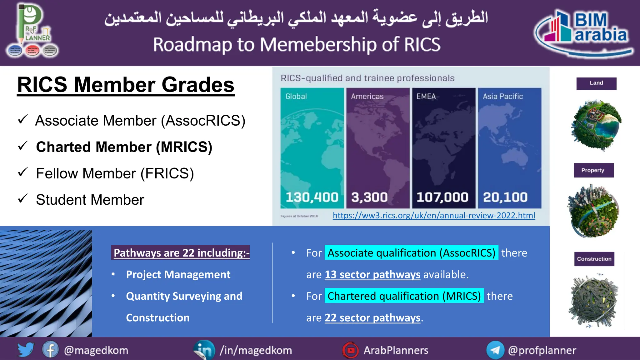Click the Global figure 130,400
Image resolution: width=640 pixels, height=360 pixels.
point(312,197)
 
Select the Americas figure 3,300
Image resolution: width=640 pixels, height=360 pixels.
point(369,197)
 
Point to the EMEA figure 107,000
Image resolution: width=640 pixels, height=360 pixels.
point(442,197)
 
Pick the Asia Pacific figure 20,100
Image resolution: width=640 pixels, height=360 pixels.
point(505,197)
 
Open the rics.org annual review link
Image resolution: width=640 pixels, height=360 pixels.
point(434,215)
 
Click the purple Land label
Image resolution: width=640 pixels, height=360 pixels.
point(596,83)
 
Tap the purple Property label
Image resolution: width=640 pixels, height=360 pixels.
point(593,170)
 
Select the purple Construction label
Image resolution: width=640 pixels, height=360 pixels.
point(594,259)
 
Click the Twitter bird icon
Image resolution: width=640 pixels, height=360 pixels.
point(26,350)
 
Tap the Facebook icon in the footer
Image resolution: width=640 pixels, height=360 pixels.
point(50,350)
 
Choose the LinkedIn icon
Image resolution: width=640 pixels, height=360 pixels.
point(204,350)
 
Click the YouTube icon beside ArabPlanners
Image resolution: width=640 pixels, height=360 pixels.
point(351,350)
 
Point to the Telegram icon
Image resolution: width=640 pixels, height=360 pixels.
point(495,350)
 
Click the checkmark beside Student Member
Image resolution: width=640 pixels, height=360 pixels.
point(23,198)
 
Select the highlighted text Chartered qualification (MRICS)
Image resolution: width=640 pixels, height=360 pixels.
point(404,296)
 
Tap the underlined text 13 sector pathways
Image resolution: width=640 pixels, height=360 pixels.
point(372,274)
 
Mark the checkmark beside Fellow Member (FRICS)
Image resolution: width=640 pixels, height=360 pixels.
point(23,172)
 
